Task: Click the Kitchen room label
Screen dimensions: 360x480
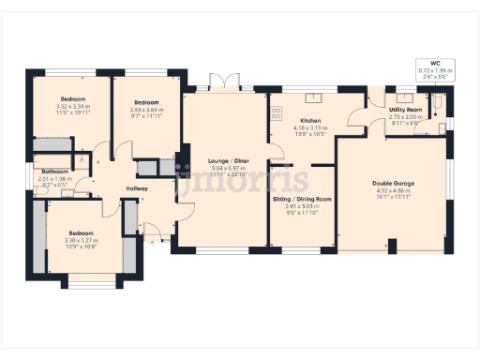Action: point(310,122)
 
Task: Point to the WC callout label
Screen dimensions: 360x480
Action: point(435,61)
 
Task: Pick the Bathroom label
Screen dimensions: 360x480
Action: point(55,172)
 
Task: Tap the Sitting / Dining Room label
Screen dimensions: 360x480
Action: point(302,200)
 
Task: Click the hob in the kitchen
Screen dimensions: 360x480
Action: point(277,112)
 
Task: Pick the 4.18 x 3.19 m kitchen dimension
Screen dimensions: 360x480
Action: point(310,128)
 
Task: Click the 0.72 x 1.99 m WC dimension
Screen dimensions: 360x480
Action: point(435,69)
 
